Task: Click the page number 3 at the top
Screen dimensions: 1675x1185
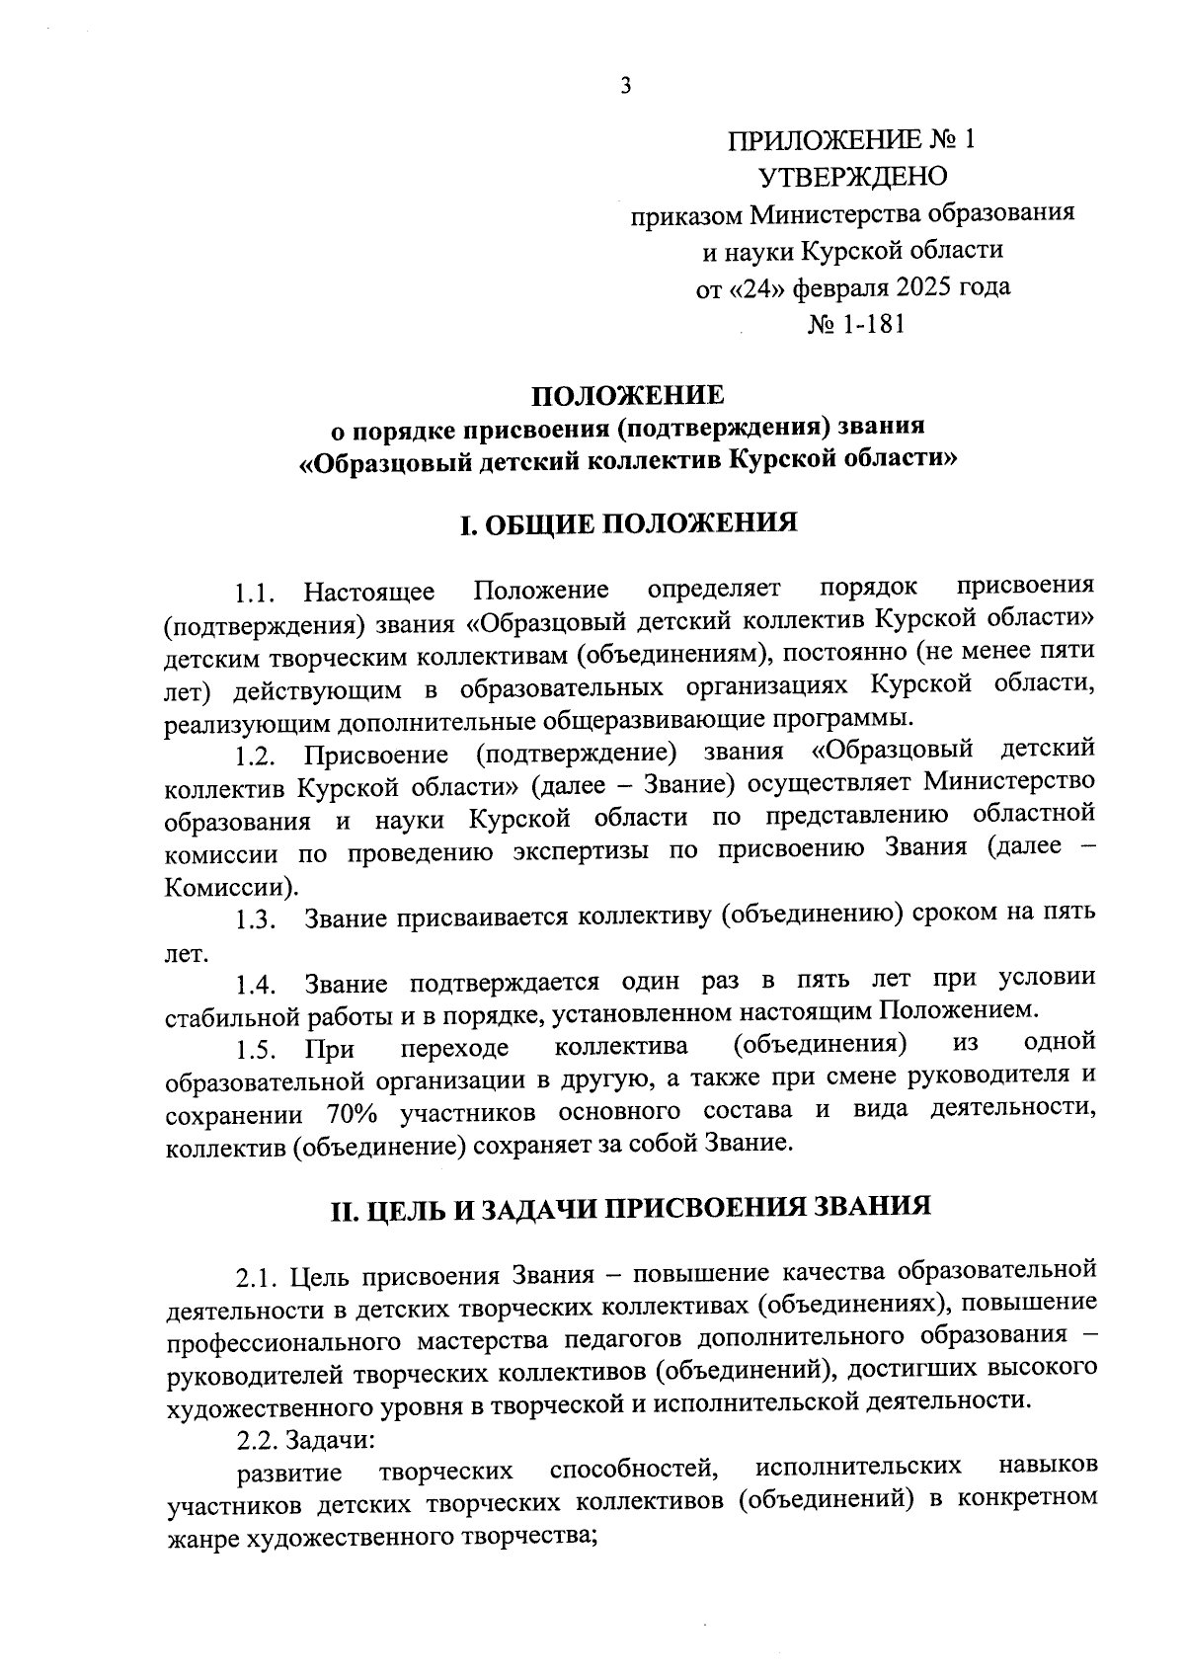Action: pyautogui.click(x=624, y=86)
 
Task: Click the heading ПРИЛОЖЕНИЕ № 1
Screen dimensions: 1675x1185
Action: pyautogui.click(x=851, y=139)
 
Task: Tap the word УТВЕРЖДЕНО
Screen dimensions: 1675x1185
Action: pyautogui.click(x=852, y=177)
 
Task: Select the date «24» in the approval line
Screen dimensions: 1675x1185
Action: pyautogui.click(x=759, y=287)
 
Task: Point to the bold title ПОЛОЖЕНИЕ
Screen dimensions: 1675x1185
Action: pyautogui.click(x=628, y=395)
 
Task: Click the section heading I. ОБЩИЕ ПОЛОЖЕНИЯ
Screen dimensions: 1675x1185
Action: pyautogui.click(x=628, y=522)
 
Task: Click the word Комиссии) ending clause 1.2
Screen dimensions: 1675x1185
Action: pyautogui.click(x=230, y=886)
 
